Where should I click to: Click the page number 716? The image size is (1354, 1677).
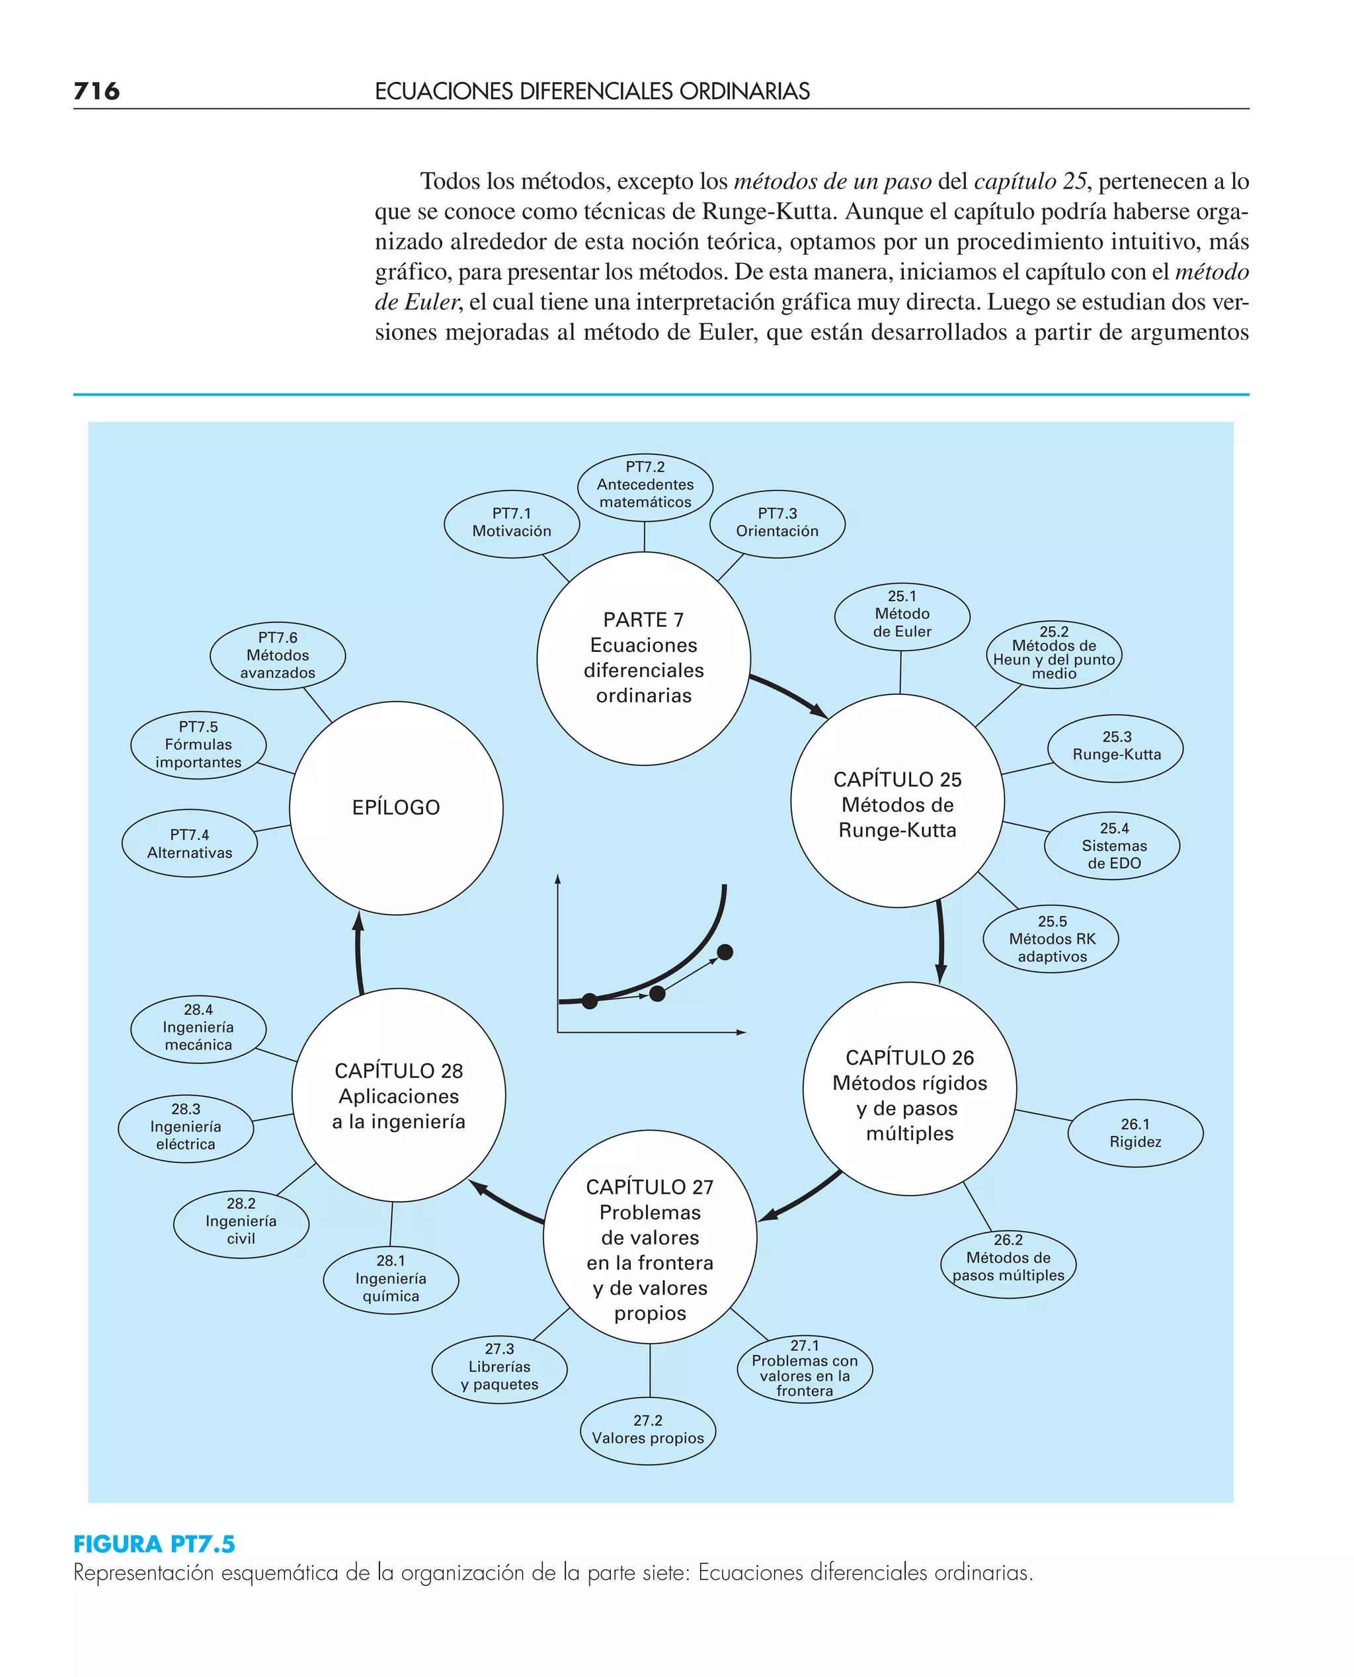click(97, 91)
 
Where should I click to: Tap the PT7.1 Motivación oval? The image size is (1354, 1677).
click(512, 522)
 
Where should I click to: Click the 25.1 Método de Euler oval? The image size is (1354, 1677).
click(902, 614)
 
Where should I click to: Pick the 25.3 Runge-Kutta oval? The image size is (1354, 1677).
click(1116, 747)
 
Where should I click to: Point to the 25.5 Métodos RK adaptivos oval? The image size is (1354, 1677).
click(1051, 939)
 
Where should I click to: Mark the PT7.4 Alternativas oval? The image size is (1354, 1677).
click(190, 844)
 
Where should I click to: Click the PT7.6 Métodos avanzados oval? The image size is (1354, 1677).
click(278, 655)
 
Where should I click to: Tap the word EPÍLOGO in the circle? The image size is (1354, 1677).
click(396, 807)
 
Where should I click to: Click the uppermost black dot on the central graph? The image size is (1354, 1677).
click(725, 952)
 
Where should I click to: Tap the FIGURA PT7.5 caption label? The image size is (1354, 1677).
click(155, 1543)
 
